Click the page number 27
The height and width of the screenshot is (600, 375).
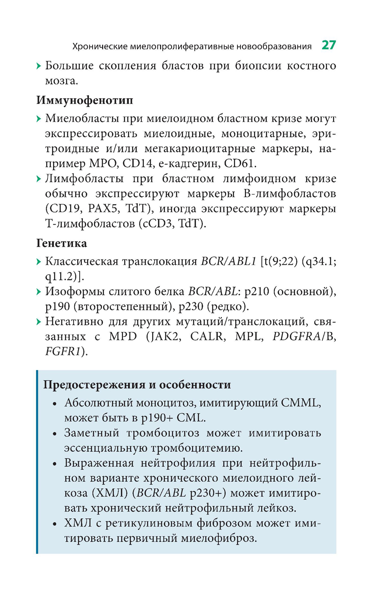pos(328,45)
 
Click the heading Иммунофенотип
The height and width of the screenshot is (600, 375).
pos(85,100)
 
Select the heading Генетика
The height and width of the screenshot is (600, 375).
pos(61,243)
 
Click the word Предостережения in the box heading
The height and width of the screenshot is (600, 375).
pos(94,385)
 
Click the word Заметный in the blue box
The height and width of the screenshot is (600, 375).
pos(91,433)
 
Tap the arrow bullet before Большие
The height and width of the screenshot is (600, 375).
pos(39,66)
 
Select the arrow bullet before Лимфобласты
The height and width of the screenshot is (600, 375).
pos(39,179)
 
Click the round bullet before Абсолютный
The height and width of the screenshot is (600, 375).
pos(55,404)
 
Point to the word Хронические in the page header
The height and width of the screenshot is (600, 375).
pos(100,46)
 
